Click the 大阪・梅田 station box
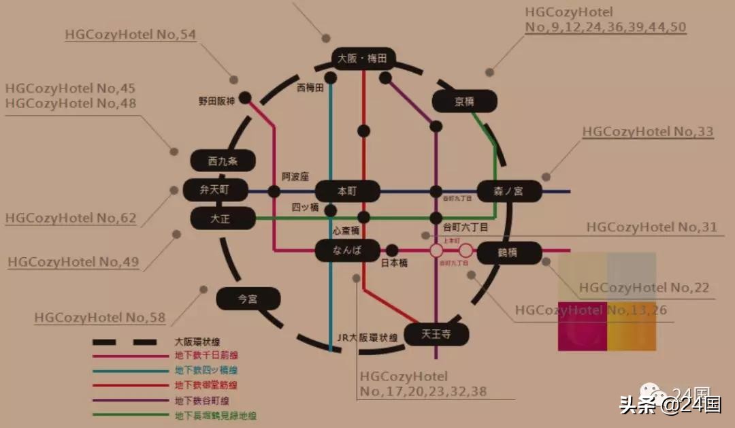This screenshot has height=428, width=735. tap(362, 59)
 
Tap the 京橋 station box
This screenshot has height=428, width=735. tap(464, 101)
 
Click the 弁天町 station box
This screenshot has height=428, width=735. tap(213, 191)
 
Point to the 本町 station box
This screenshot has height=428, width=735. tap(347, 191)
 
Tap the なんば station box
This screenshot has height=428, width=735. tap(347, 251)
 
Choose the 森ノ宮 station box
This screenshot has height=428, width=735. tap(509, 191)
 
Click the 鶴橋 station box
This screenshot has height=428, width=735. tap(508, 252)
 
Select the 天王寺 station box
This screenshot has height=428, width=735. tap(436, 333)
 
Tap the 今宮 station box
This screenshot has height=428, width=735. tap(248, 298)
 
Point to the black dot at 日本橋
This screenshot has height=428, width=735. tap(392, 251)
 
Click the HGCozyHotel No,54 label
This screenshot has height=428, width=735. tap(131, 35)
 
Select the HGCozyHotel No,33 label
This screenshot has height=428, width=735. tap(647, 131)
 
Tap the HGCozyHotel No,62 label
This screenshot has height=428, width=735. tap(71, 218)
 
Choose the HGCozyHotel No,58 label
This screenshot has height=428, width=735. tap(100, 317)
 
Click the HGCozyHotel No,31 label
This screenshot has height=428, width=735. tap(651, 227)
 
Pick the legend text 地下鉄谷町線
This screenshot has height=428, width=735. tap(203, 401)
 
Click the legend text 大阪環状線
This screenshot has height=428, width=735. tap(197, 342)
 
